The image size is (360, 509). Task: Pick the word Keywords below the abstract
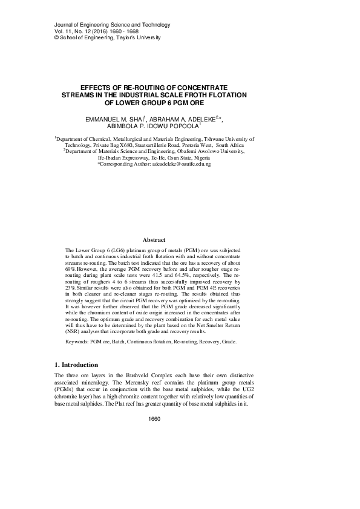(76, 342)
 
